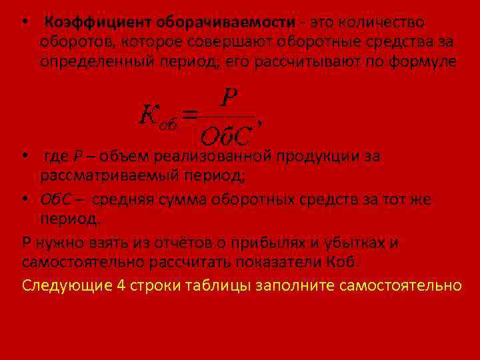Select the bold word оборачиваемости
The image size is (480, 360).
tap(226, 23)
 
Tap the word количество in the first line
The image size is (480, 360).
tap(381, 23)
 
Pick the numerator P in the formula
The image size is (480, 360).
tap(229, 99)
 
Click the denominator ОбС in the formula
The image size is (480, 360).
tap(225, 136)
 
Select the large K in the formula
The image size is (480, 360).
tap(148, 115)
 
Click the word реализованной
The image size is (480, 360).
tap(212, 157)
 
